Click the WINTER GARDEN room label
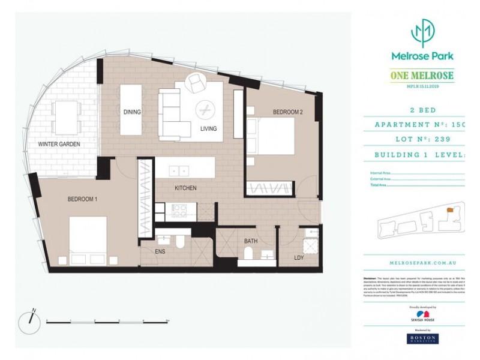[x=59, y=145]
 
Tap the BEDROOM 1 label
[x=83, y=199]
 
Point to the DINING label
[x=131, y=112]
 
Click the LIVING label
[x=208, y=129]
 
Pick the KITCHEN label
[x=185, y=188]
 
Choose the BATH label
[x=251, y=242]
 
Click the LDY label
[x=299, y=258]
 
